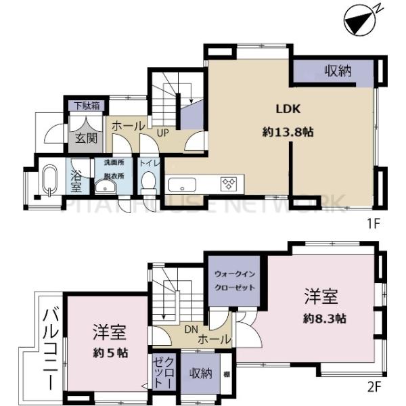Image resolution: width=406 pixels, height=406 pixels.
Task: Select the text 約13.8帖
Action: pos(287,133)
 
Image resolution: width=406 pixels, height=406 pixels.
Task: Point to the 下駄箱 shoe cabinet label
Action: pos(85,106)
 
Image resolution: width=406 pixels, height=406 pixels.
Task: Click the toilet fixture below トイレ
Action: pos(148,183)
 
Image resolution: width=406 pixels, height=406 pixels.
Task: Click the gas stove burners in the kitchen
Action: pos(229,183)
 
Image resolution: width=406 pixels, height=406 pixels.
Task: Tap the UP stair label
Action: pos(163,133)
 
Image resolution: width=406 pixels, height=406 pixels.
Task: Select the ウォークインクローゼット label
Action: pos(235,281)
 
